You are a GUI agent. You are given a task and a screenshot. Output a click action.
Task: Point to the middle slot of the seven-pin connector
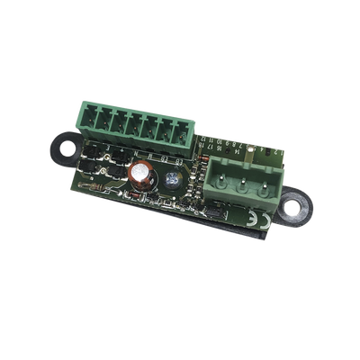pos(135,126)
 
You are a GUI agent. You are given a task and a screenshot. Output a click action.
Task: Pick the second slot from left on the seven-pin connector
pos(104,120)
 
